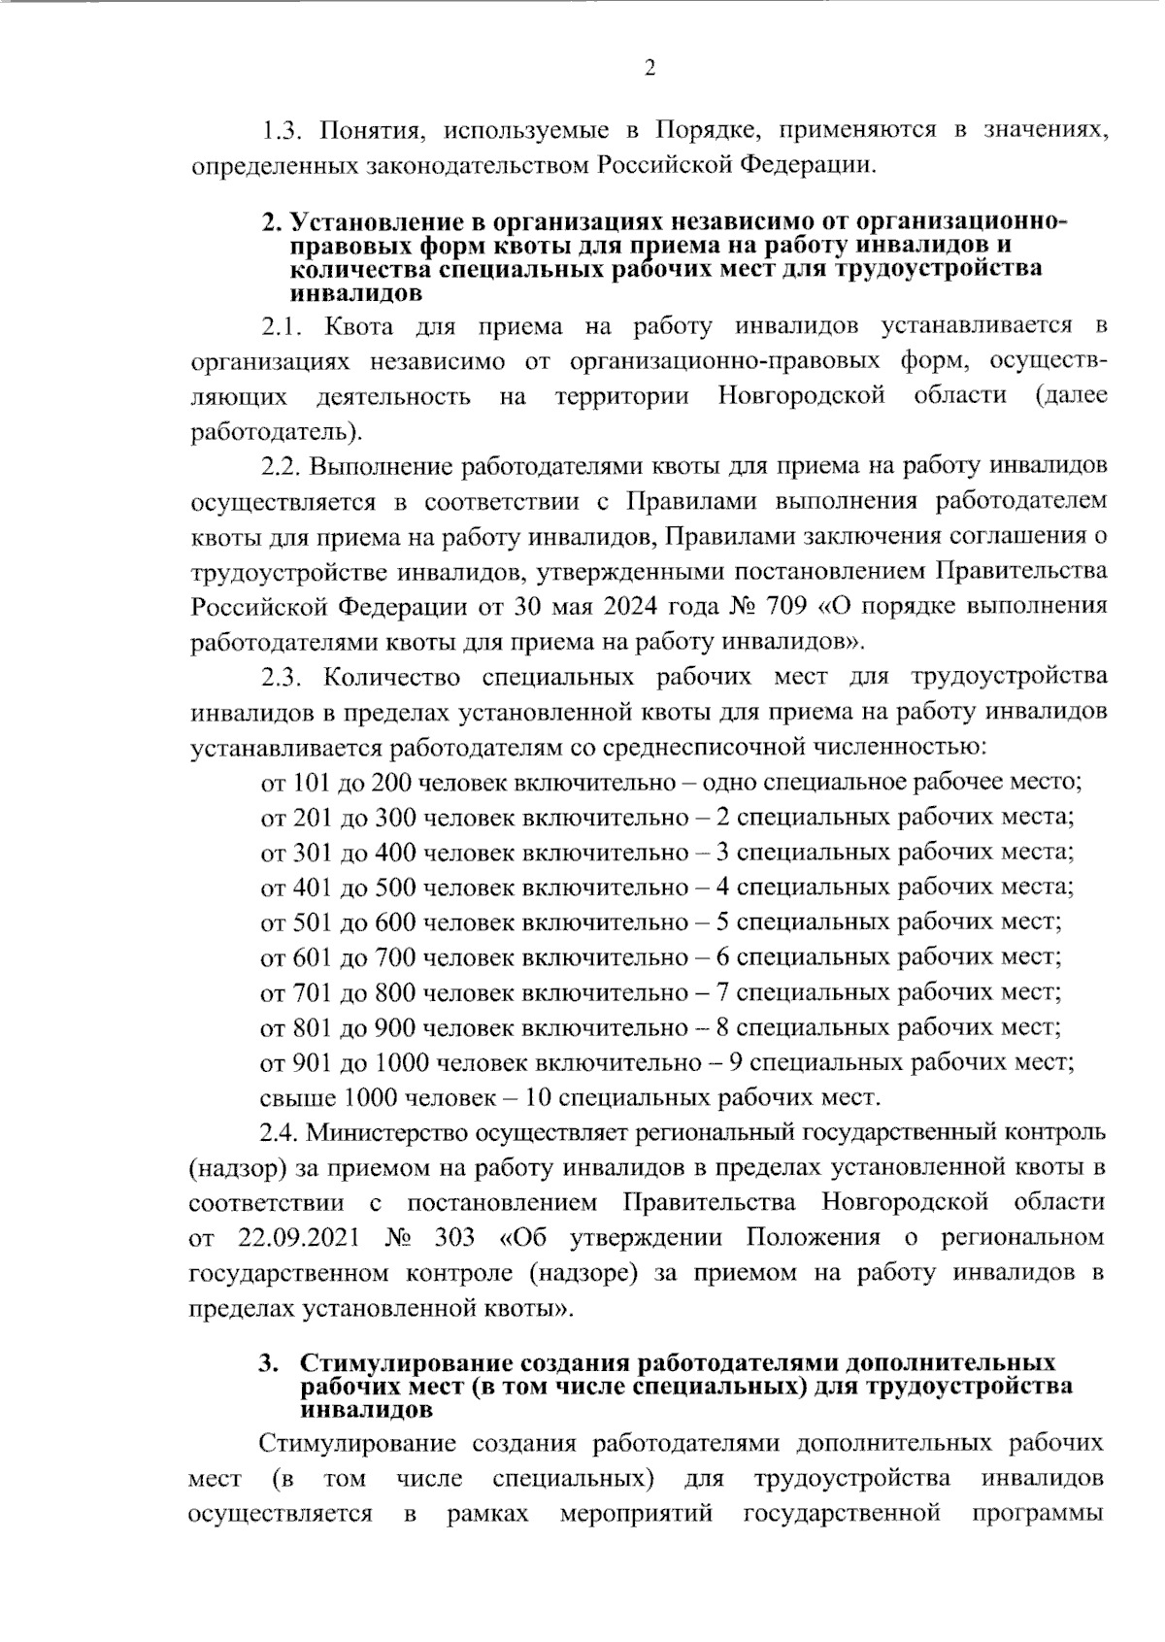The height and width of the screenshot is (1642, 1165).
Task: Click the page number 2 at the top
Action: click(x=649, y=67)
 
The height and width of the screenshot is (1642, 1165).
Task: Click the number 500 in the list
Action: click(x=395, y=888)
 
